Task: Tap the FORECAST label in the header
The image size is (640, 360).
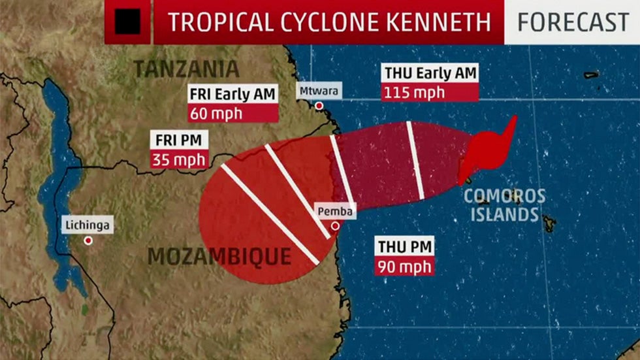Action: click(573, 22)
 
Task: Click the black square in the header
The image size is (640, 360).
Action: click(127, 22)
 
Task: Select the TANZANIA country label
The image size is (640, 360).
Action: click(186, 68)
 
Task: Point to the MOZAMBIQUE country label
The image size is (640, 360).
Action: click(219, 256)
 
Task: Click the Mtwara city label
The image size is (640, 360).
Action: click(319, 91)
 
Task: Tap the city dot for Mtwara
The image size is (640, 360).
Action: click(319, 106)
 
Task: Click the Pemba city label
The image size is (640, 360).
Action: click(335, 212)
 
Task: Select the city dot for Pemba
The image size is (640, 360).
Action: click(335, 226)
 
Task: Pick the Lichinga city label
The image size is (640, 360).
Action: click(88, 226)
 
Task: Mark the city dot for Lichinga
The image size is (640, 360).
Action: click(88, 240)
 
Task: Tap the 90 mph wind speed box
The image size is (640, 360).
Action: click(405, 267)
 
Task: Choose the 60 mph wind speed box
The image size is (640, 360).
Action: click(215, 113)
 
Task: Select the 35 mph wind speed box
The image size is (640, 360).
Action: click(178, 159)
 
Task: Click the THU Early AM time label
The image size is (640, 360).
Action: click(430, 73)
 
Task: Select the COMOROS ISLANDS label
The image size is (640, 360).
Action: click(504, 205)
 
